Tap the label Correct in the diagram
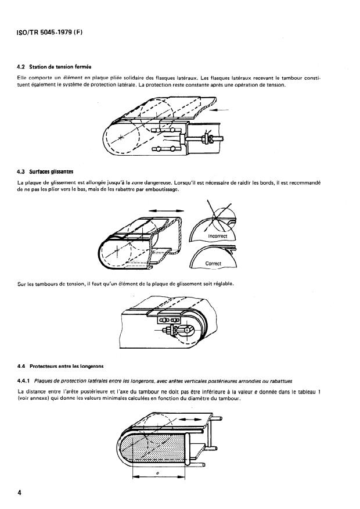[x=214, y=263]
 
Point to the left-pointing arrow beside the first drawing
[x=221, y=110]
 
